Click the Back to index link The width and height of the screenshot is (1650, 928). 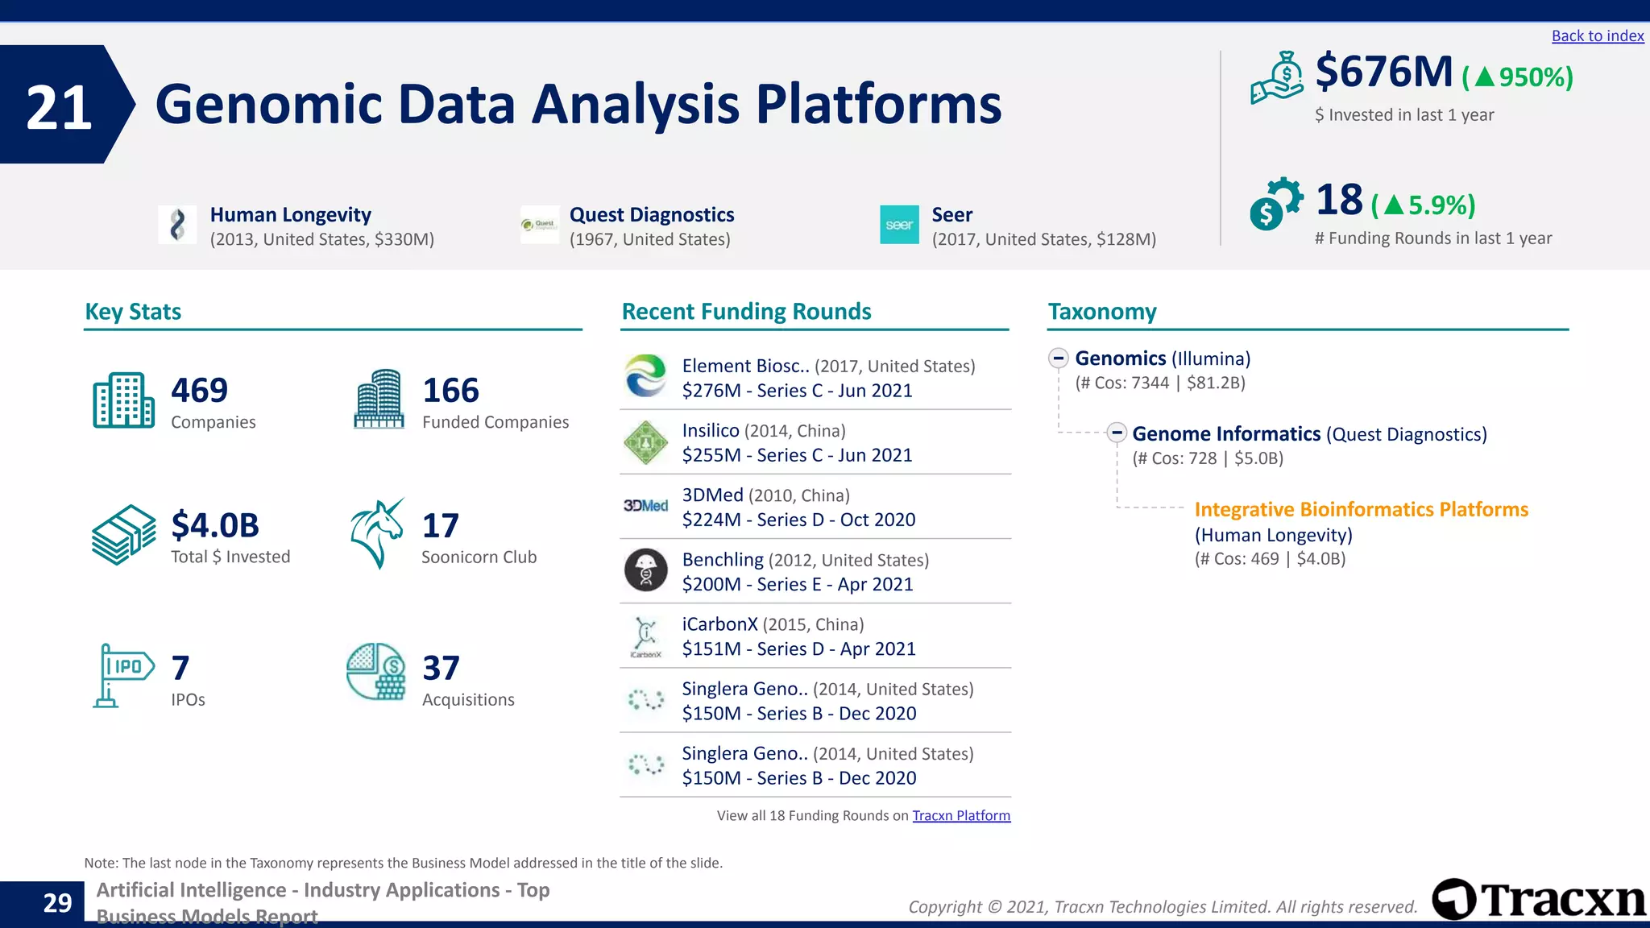point(1597,35)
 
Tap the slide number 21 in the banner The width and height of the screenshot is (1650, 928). point(59,106)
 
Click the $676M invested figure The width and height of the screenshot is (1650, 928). point(1383,72)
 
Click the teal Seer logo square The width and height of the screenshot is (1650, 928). point(899,225)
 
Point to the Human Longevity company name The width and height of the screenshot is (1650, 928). point(290,214)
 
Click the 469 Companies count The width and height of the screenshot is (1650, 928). point(199,391)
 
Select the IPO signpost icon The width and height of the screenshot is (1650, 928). point(122,674)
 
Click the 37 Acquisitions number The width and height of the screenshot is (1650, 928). point(441,669)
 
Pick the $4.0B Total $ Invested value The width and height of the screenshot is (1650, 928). point(214,525)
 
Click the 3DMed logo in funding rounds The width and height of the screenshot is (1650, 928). point(645,506)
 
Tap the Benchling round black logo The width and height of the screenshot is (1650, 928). point(645,570)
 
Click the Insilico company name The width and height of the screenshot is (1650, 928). point(710,430)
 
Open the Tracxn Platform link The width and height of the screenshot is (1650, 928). point(960,815)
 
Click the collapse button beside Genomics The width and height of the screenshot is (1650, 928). point(1059,358)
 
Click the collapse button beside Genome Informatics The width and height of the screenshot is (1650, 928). point(1116,433)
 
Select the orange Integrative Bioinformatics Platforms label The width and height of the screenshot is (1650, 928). point(1361,509)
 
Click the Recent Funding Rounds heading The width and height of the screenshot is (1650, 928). point(746,311)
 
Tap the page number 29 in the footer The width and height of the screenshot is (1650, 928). point(57,902)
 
